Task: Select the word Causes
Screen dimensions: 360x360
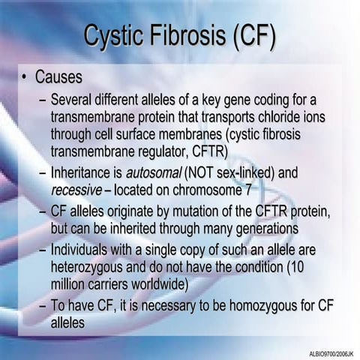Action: click(58, 78)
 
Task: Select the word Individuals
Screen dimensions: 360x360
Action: click(81, 250)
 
